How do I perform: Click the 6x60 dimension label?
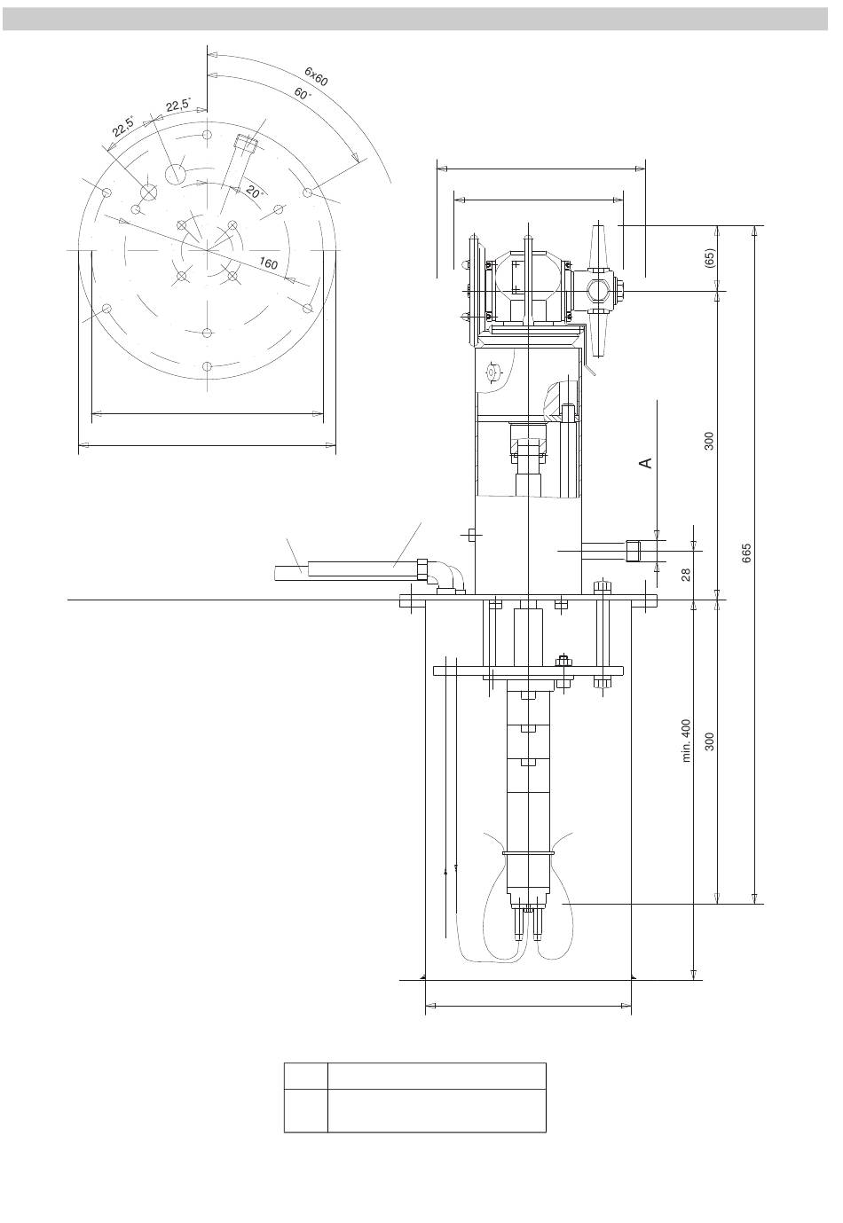[x=316, y=76]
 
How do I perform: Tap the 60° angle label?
[x=303, y=93]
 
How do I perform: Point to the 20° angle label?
[x=254, y=192]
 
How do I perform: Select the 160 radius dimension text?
[x=268, y=263]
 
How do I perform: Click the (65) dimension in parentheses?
[x=709, y=258]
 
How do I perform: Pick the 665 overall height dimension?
[x=746, y=553]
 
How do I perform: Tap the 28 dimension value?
[x=686, y=575]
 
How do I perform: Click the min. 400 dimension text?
[x=686, y=741]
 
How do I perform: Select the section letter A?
[x=646, y=463]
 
